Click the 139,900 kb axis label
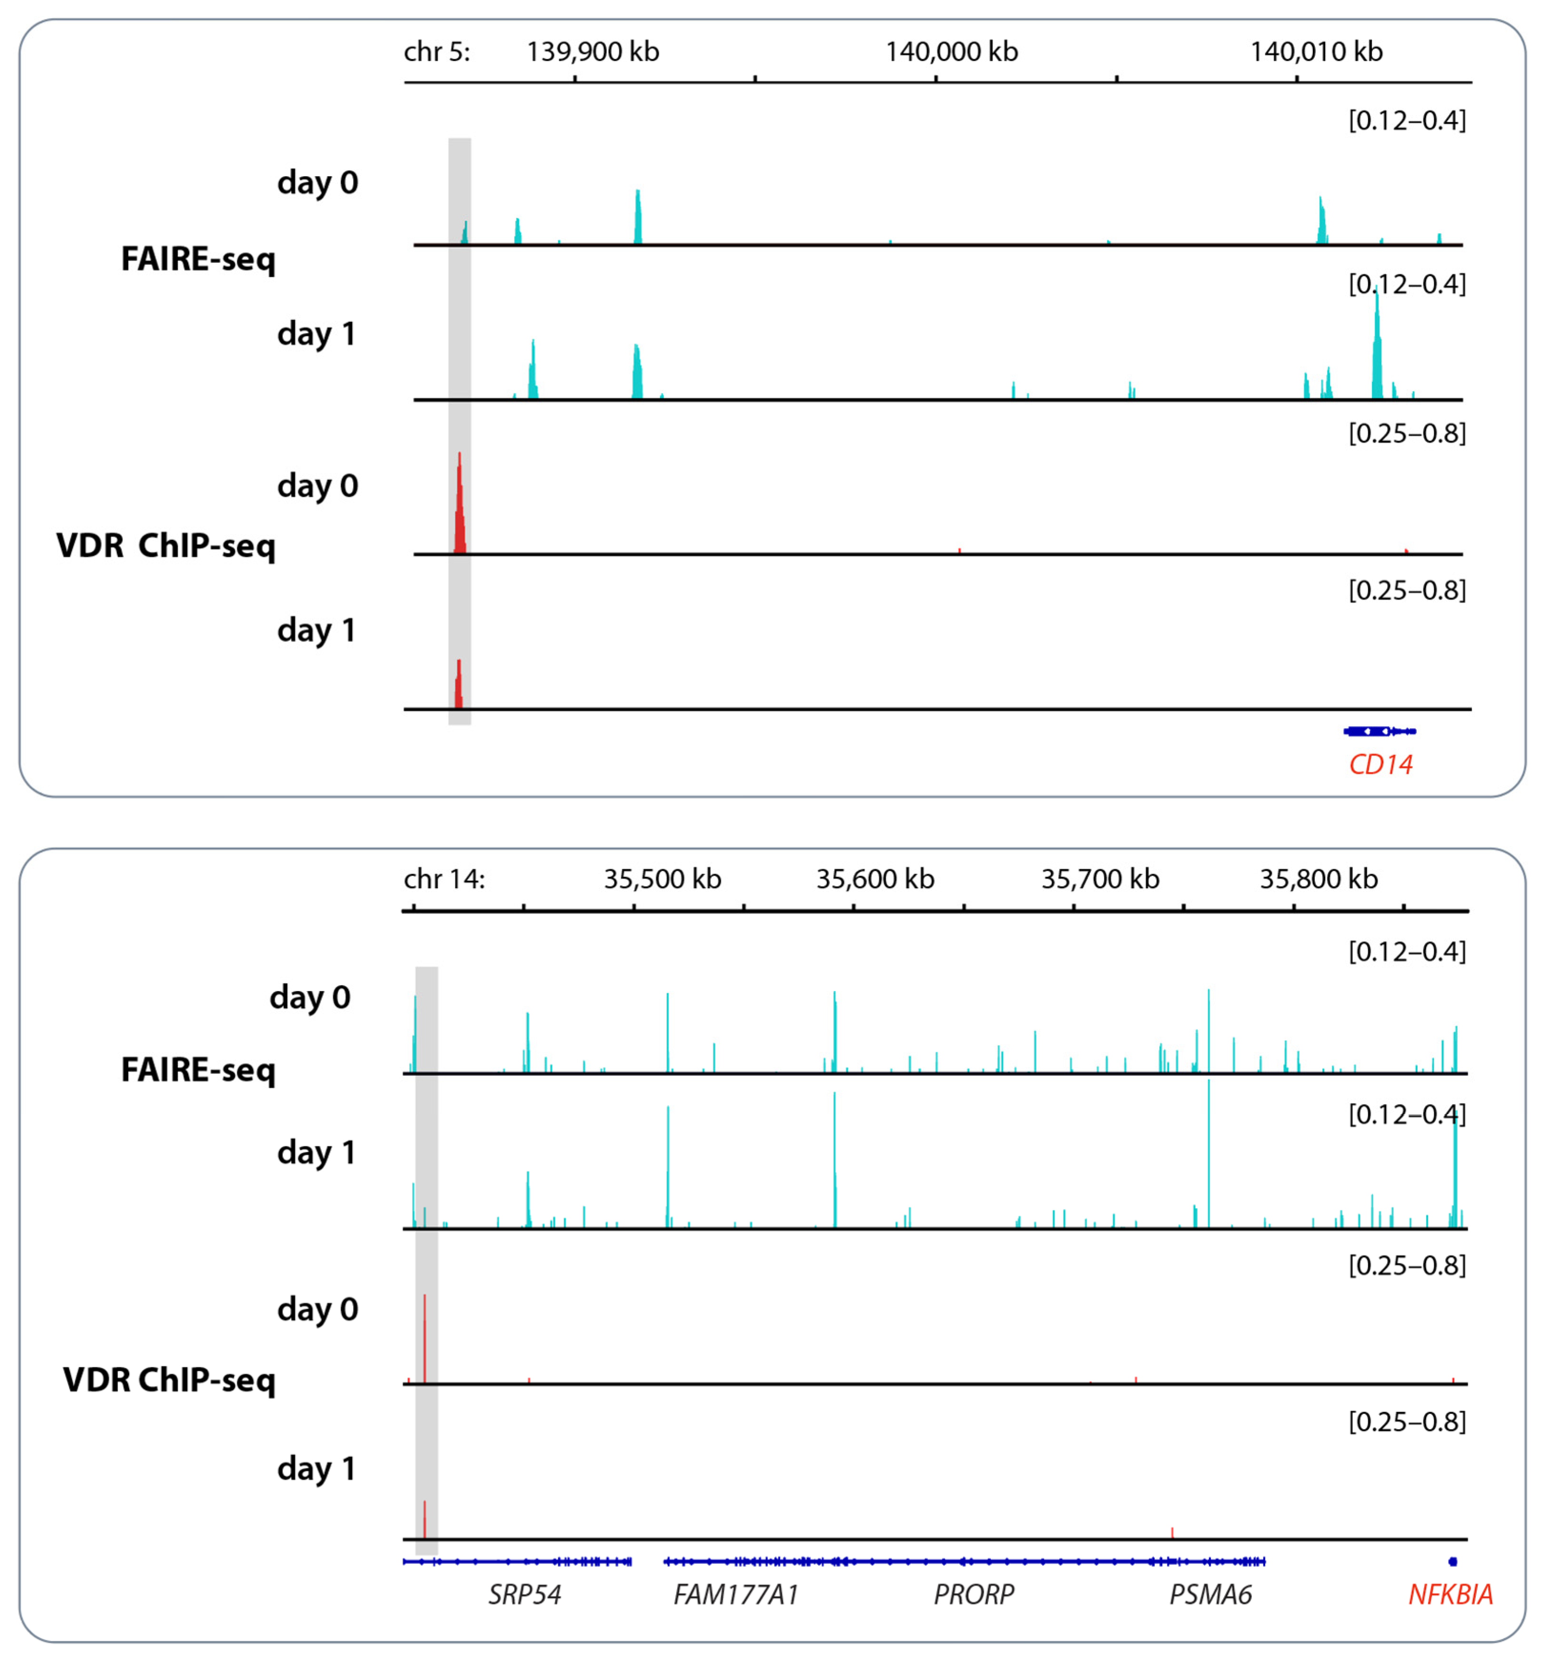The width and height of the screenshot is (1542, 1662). [593, 52]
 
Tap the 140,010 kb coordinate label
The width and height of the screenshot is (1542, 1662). [1316, 52]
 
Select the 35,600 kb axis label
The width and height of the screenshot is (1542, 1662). [875, 879]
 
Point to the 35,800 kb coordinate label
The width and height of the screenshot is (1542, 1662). [1319, 879]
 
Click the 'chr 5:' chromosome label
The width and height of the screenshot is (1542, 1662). [436, 52]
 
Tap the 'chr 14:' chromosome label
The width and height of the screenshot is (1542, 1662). [444, 879]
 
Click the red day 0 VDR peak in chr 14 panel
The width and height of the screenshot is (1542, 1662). [425, 1339]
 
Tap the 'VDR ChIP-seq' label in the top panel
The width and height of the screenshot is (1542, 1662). [165, 546]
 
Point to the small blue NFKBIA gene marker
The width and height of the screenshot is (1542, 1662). [1453, 1561]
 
